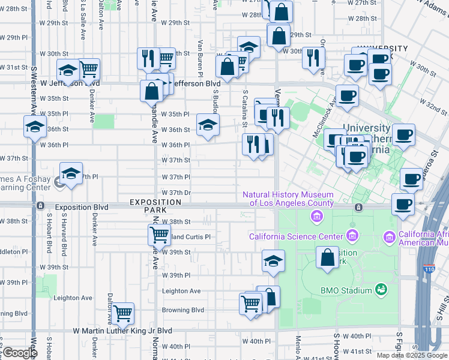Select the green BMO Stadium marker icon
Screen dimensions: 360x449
[x=381, y=290]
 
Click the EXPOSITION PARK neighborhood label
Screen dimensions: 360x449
[x=155, y=206]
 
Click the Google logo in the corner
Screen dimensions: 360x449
[x=19, y=353]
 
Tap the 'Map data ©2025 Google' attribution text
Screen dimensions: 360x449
[x=412, y=355]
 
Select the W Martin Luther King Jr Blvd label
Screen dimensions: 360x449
[x=122, y=331]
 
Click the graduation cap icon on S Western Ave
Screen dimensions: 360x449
[x=35, y=126]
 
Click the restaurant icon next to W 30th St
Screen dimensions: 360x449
[x=313, y=58]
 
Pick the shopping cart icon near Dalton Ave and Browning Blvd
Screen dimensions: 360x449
[x=123, y=313]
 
